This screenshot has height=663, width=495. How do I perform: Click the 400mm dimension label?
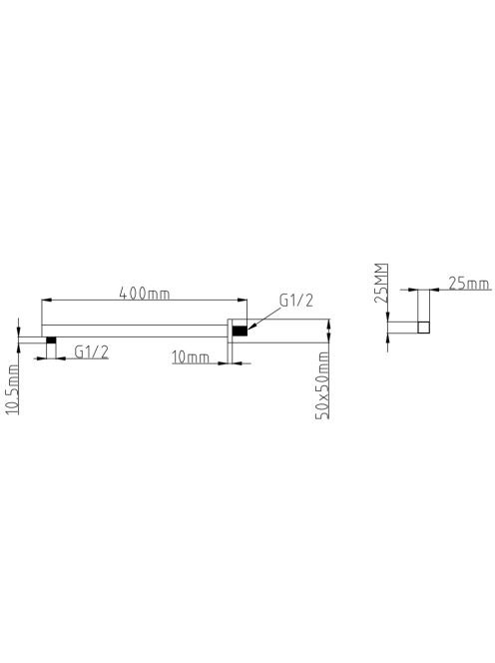click(145, 293)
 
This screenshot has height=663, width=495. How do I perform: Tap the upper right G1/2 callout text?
click(296, 301)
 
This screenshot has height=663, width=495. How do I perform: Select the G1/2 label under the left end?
click(91, 351)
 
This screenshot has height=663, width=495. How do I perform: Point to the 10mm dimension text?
click(191, 357)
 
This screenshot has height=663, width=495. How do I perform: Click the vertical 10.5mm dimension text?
click(12, 389)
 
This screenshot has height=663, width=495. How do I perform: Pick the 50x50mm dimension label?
click(322, 384)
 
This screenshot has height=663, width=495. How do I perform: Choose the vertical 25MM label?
click(381, 283)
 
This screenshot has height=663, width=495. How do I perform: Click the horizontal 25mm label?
click(469, 284)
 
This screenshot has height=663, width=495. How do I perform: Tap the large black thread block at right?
click(240, 331)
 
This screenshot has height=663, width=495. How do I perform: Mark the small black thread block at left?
click(51, 339)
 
